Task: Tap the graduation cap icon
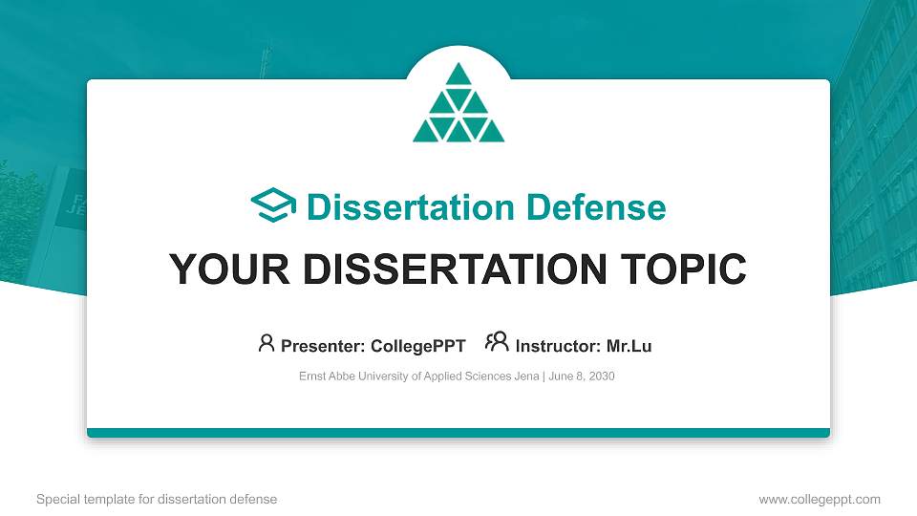273,206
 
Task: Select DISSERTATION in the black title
448,269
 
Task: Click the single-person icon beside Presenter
267,343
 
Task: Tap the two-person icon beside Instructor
497,342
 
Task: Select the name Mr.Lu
629,346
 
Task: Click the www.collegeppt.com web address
820,499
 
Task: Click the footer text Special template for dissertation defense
157,499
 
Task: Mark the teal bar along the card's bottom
458,433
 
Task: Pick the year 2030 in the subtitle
602,376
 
